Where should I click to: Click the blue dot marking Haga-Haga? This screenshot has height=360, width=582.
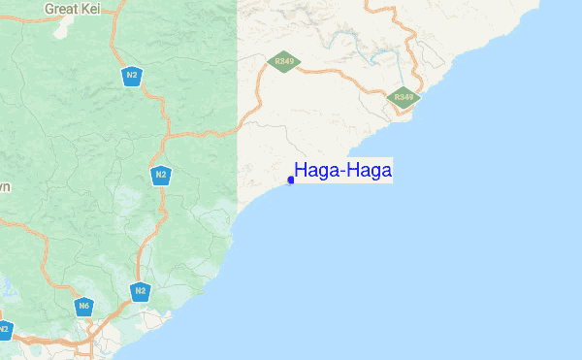(291, 180)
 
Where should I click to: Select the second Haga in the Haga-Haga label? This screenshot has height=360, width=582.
(370, 171)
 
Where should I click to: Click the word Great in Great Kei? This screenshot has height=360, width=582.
(64, 8)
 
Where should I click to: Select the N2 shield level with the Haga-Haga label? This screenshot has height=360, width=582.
(161, 175)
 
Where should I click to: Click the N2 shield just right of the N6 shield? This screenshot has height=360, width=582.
(141, 290)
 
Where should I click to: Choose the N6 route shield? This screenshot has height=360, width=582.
(84, 307)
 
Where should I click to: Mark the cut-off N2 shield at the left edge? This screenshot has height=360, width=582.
(3, 330)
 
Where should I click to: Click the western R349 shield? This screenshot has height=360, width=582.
(284, 61)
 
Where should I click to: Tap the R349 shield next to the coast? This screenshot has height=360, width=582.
(404, 97)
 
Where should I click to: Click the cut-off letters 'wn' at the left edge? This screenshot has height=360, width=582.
(5, 186)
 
